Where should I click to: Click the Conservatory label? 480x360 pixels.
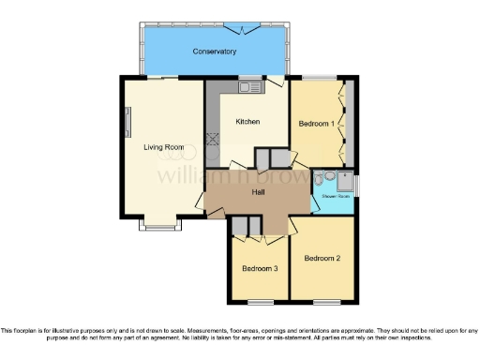pos(214,51)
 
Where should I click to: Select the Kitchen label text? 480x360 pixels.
pos(247,122)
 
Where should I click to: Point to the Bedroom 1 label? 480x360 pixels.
pos(316,124)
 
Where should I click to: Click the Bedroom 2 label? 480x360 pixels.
pos(322,258)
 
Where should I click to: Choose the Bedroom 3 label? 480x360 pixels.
pos(260,268)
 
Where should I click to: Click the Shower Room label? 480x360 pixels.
pos(337,197)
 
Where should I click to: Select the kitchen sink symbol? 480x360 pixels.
pos(249,87)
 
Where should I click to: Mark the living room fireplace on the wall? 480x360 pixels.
pos(129,123)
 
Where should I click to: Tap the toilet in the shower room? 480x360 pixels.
pos(321,179)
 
